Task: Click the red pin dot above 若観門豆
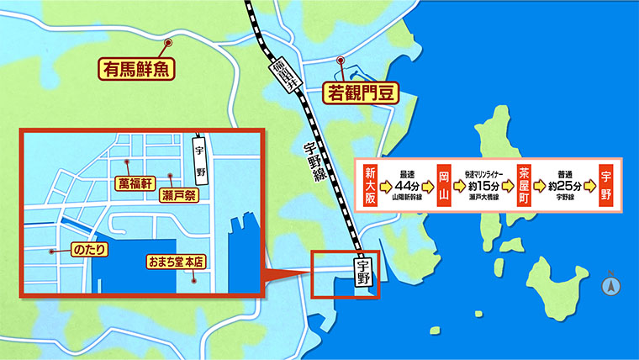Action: coord(341,61)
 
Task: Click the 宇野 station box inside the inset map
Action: coord(199,157)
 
